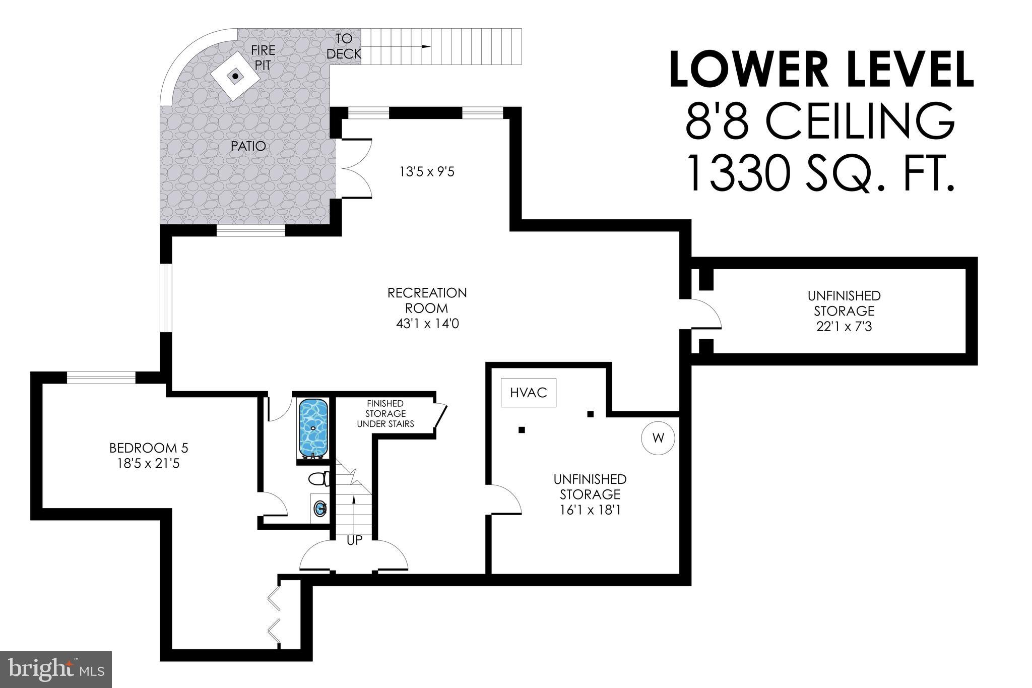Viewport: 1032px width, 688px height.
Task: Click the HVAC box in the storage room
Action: point(528,392)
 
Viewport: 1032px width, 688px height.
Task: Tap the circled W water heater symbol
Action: point(658,438)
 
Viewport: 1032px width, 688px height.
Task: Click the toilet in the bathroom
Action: point(319,478)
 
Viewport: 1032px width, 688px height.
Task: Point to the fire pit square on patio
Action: point(235,77)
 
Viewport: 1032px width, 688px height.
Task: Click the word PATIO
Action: point(248,146)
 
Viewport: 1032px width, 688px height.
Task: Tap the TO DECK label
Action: point(344,46)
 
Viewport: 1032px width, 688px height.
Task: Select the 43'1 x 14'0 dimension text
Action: point(427,324)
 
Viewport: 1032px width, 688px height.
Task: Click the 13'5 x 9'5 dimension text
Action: point(427,172)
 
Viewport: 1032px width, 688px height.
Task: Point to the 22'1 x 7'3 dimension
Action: point(844,327)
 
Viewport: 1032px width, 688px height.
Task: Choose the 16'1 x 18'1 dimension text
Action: point(590,510)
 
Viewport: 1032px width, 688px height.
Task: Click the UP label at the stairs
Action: point(354,540)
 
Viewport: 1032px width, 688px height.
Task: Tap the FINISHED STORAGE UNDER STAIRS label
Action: point(385,414)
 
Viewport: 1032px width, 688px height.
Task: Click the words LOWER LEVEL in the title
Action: point(822,70)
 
